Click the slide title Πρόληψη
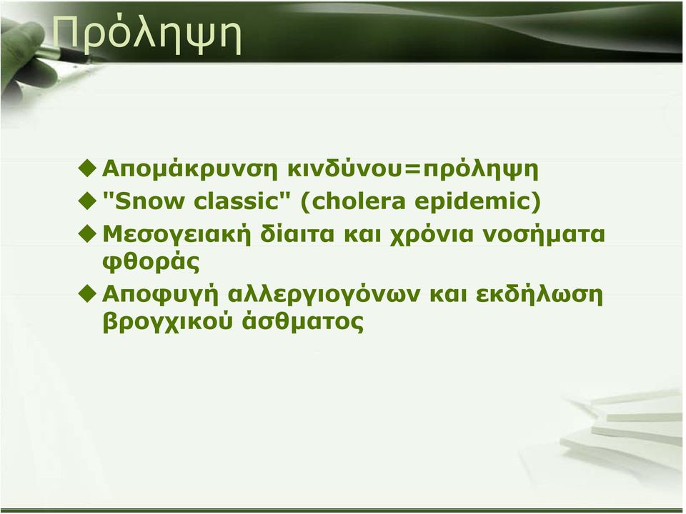click(146, 35)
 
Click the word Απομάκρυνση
click(190, 170)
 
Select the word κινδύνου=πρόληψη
click(412, 170)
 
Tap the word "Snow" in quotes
click(144, 201)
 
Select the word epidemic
click(477, 201)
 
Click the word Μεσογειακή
click(177, 235)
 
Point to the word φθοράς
click(151, 262)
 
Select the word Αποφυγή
click(160, 295)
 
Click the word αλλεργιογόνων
click(324, 295)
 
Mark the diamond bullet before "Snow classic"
click(87, 201)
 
